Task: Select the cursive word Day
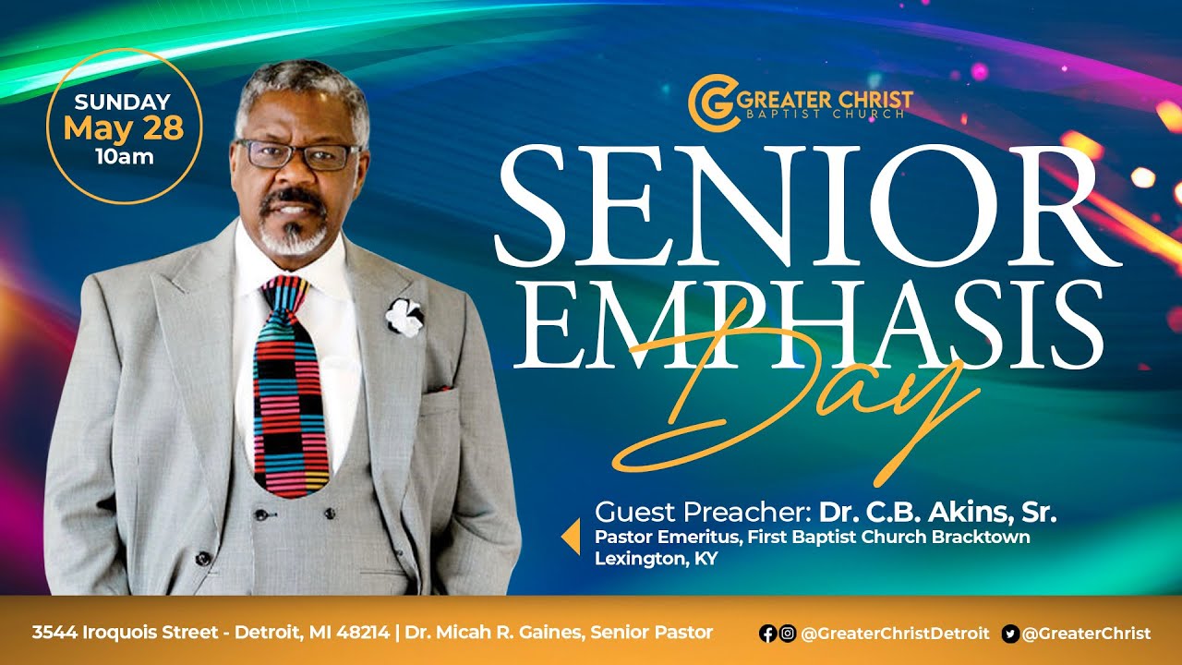pyautogui.click(x=794, y=406)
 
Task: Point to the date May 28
pyautogui.click(x=124, y=128)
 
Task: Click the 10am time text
pyautogui.click(x=124, y=156)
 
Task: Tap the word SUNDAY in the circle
pyautogui.click(x=123, y=103)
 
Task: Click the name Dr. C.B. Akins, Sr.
pyautogui.click(x=937, y=512)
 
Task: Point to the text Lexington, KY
pyautogui.click(x=656, y=558)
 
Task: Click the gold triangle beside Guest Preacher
pyautogui.click(x=572, y=536)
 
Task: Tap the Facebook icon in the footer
pyautogui.click(x=767, y=634)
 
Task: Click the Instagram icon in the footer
pyautogui.click(x=787, y=634)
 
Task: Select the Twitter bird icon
pyautogui.click(x=1010, y=634)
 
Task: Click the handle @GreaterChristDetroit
pyautogui.click(x=895, y=634)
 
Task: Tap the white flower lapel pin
pyautogui.click(x=404, y=317)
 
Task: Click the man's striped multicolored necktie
pyautogui.click(x=293, y=388)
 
